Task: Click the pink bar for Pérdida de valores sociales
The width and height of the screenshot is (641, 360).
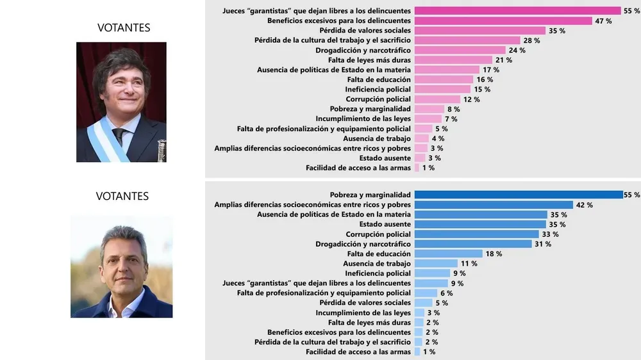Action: (x=479, y=31)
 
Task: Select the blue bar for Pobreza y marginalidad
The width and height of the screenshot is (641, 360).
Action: (x=519, y=195)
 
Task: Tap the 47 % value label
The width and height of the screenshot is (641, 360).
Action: (x=603, y=21)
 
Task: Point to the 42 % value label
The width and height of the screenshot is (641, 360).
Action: (x=584, y=205)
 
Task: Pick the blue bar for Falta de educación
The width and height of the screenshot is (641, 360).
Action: (x=448, y=254)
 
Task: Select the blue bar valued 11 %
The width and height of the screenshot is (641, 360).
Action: (x=436, y=263)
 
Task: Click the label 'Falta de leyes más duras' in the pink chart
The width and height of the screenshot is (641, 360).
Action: (x=369, y=60)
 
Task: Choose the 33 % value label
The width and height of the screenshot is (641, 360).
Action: (x=550, y=234)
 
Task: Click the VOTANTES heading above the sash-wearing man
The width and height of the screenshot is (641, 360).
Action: (x=124, y=28)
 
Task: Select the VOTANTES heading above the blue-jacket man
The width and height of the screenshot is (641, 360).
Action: (x=122, y=196)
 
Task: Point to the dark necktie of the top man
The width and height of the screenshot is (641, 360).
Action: (x=119, y=135)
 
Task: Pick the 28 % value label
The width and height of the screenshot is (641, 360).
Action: (x=531, y=40)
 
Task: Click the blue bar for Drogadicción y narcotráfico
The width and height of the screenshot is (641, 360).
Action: (x=473, y=244)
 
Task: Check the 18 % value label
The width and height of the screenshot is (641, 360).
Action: (x=494, y=254)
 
